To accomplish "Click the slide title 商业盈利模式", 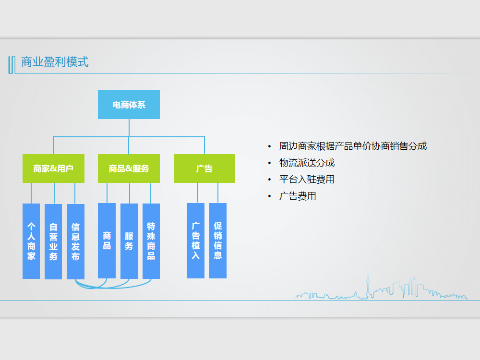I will pyautogui.click(x=55, y=62).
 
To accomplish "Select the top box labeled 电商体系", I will pyautogui.click(x=129, y=105).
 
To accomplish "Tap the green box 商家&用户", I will pyautogui.click(x=53, y=168).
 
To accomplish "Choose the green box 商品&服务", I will pyautogui.click(x=129, y=168).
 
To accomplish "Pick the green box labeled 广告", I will pyautogui.click(x=204, y=168).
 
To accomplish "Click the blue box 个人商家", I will pyautogui.click(x=31, y=241).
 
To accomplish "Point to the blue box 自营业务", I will pyautogui.click(x=53, y=241).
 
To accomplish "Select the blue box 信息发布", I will pyautogui.click(x=75, y=241).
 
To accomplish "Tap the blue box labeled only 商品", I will pyautogui.click(x=107, y=240).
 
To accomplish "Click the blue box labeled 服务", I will pyautogui.click(x=129, y=240).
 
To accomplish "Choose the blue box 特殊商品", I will pyautogui.click(x=151, y=240).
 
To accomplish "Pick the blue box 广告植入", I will pyautogui.click(x=195, y=240).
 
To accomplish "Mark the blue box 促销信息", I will pyautogui.click(x=218, y=240).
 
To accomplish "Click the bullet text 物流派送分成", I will pyautogui.click(x=307, y=163).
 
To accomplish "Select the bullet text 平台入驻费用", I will pyautogui.click(x=307, y=180).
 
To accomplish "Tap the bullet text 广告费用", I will pyautogui.click(x=298, y=196).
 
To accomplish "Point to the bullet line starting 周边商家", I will pyautogui.click(x=353, y=146).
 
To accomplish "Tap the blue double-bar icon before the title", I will pyautogui.click(x=11, y=64).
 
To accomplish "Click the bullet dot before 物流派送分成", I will pyautogui.click(x=269, y=163).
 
